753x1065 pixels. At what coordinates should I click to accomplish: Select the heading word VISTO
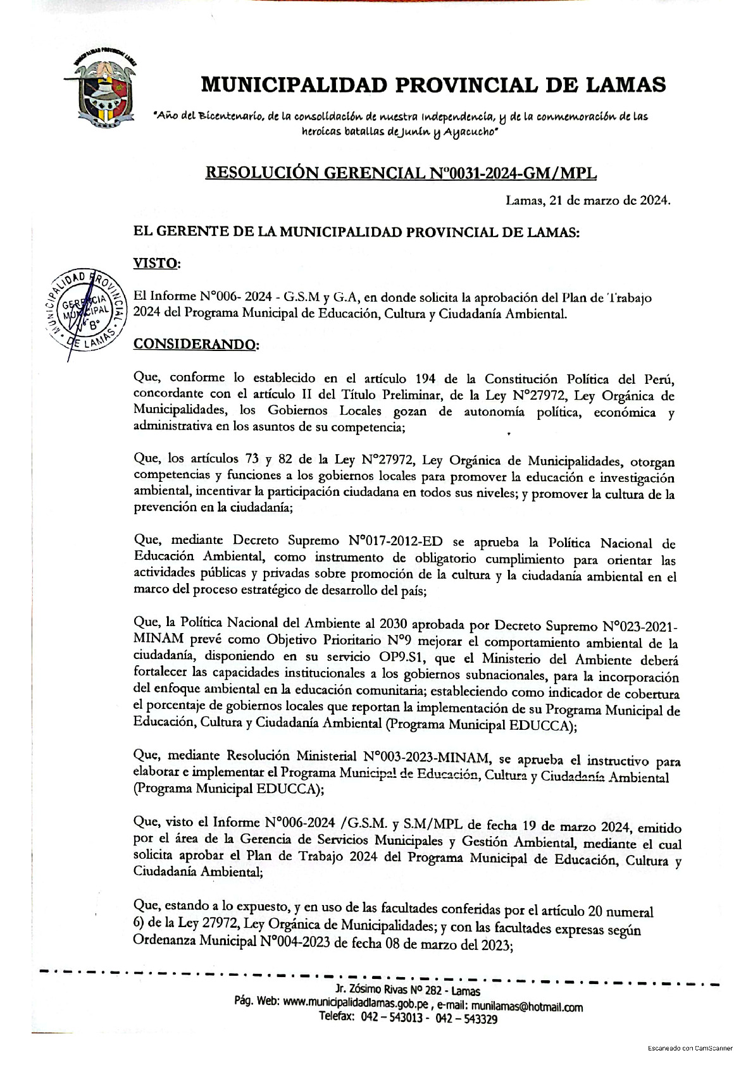pos(156,263)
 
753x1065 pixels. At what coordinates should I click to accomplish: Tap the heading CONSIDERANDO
pos(196,345)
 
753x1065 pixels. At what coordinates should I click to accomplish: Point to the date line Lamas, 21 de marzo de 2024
pos(588,201)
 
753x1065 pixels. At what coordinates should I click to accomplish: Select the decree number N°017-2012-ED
pos(395,541)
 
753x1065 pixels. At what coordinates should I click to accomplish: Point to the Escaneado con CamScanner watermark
pos(690,1048)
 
